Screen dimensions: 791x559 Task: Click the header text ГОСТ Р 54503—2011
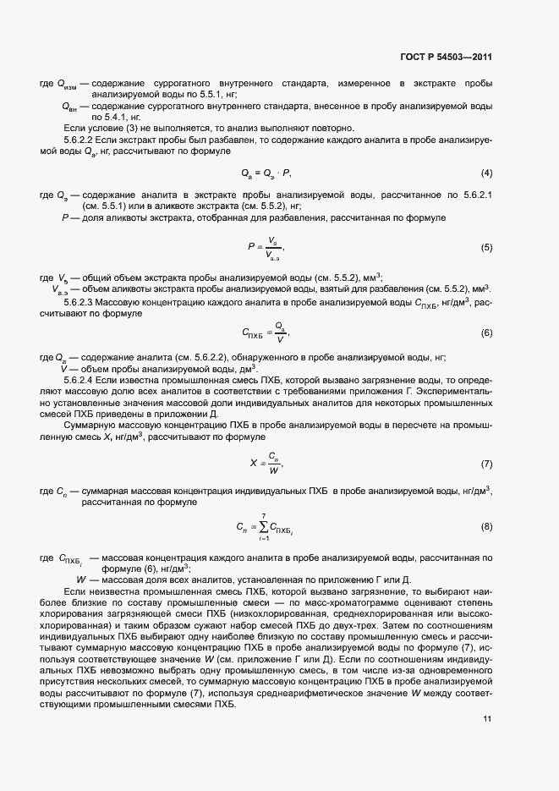point(447,58)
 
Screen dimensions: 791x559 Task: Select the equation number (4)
point(486,173)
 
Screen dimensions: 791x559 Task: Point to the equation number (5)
point(486,248)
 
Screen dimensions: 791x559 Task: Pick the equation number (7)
point(486,464)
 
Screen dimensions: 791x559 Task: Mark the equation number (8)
point(486,527)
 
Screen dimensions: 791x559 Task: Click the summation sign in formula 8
point(263,527)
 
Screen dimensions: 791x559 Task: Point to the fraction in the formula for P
point(271,248)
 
